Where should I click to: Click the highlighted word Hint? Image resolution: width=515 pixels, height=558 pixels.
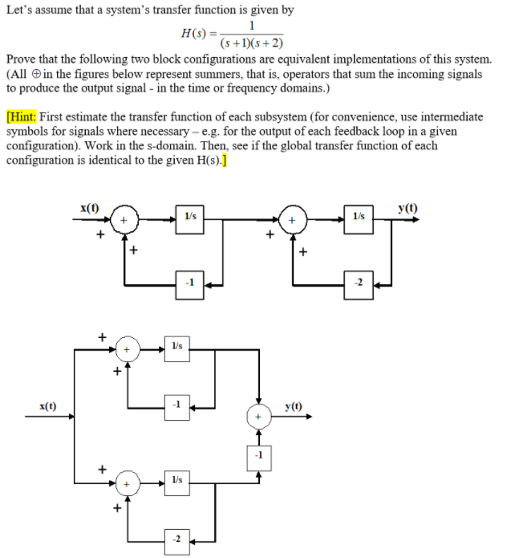23,116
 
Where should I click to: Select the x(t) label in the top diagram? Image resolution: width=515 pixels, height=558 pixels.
90,208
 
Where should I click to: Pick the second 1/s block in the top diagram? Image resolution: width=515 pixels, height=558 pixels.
359,218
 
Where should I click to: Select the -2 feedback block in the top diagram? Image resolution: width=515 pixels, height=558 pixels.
359,282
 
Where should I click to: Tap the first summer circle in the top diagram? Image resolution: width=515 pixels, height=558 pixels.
124,219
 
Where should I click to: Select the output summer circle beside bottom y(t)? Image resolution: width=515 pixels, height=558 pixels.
258,417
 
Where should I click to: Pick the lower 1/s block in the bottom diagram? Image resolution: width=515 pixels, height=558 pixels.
177,480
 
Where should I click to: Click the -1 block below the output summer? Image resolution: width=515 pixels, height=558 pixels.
258,455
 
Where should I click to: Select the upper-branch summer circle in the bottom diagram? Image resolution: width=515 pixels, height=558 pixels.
125,350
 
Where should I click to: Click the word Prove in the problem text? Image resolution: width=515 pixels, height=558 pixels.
20,61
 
